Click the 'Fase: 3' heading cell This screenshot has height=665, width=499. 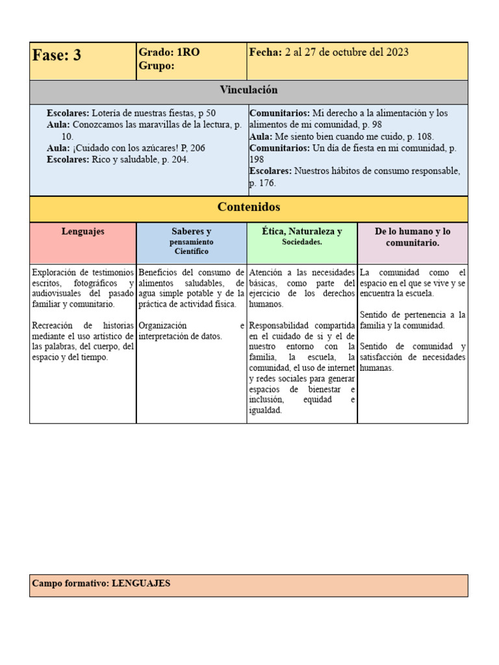point(57,56)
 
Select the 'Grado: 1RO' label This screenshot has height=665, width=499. point(169,53)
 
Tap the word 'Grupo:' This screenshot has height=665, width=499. point(156,66)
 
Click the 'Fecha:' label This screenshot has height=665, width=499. point(265,53)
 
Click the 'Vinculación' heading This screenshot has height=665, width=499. point(248,90)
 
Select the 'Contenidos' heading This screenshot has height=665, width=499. point(248,207)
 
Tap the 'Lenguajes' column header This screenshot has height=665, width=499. point(83,231)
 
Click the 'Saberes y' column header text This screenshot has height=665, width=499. point(191,231)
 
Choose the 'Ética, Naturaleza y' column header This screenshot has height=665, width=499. point(301,231)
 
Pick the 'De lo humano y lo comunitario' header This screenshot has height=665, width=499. point(413,237)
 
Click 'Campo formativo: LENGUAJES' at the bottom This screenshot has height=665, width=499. point(101,583)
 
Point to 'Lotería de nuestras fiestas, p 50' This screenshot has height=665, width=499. point(154,113)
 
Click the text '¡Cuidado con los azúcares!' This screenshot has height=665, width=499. point(127,148)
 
